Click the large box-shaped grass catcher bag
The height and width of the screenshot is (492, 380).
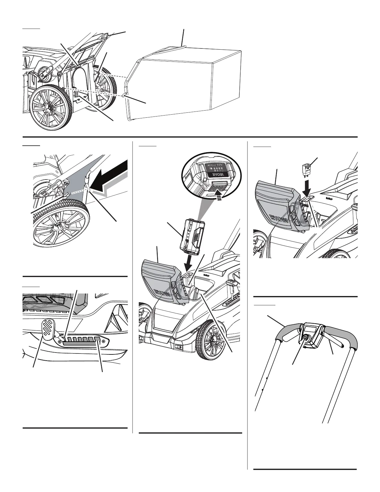pyautogui.click(x=183, y=84)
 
